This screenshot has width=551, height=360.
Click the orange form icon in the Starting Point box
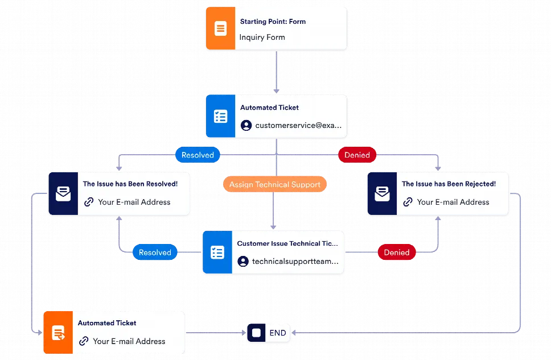(220, 28)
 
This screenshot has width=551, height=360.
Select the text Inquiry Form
(262, 38)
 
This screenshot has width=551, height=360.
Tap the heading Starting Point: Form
(273, 22)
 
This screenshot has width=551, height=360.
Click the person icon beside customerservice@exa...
(246, 125)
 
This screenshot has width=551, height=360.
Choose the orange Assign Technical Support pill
(274, 184)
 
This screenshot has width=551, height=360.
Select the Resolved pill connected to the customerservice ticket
(198, 155)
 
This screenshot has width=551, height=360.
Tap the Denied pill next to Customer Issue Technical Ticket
(397, 253)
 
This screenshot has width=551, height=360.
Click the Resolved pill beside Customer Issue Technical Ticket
(155, 253)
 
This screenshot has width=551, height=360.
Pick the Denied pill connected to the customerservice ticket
(357, 155)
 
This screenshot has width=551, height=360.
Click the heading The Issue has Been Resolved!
(130, 184)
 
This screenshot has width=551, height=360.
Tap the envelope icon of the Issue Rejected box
(382, 195)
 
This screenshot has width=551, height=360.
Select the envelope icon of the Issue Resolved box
(63, 195)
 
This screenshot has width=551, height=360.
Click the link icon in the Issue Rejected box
(408, 202)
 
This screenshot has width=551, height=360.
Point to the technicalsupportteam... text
(295, 262)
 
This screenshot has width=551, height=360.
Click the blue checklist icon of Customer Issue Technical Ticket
(217, 253)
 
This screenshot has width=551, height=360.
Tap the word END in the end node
(278, 333)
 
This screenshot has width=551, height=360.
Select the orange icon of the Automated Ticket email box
(58, 333)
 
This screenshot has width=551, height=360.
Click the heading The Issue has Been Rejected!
(449, 184)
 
